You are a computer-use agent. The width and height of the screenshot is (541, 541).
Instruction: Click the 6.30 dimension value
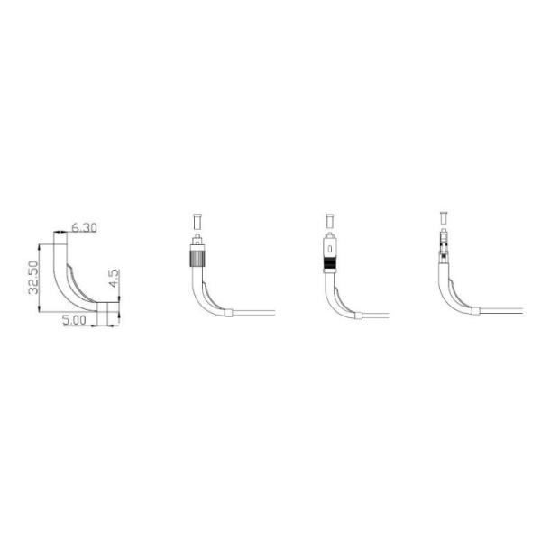point(84,228)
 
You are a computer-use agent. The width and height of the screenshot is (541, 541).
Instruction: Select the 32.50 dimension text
point(33,278)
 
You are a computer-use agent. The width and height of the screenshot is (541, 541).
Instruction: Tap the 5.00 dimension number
point(74,320)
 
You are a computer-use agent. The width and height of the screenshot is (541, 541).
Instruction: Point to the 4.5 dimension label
point(115,279)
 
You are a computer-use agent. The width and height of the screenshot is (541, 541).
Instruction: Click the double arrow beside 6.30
point(60,233)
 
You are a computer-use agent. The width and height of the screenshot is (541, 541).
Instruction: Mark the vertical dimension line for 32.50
point(40,278)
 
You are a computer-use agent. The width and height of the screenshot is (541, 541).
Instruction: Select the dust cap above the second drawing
point(197,222)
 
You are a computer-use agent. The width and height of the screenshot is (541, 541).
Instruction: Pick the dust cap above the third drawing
point(330,221)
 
